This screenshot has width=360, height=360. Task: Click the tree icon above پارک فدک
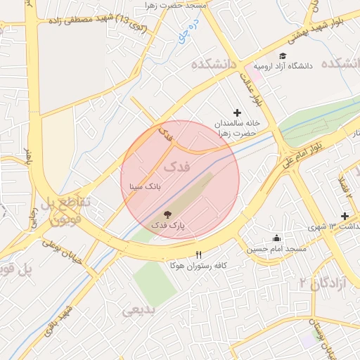click(168, 214)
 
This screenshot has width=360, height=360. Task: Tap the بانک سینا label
click(146, 187)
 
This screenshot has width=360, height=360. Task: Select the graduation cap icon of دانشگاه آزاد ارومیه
click(283, 56)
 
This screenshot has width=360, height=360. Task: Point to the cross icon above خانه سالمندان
click(237, 112)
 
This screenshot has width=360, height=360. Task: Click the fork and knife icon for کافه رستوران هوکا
click(199, 255)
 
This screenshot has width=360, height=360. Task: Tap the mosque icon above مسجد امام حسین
click(276, 238)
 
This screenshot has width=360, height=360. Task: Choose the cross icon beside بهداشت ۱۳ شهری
click(345, 216)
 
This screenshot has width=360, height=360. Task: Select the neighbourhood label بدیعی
click(138, 310)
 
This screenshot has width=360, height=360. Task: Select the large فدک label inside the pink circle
click(176, 167)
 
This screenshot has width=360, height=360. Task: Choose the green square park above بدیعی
click(155, 282)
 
